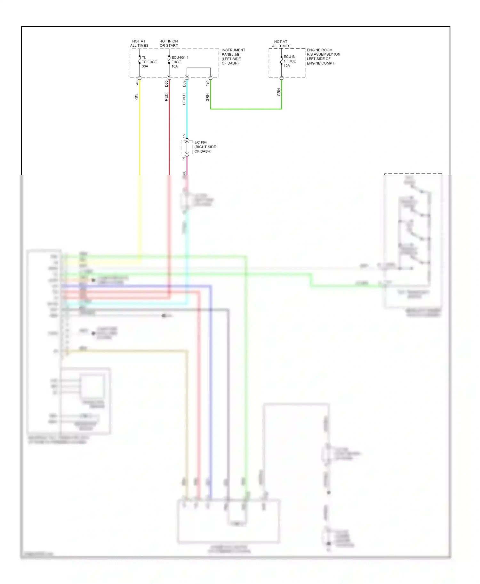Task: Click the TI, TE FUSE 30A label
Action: pos(149,62)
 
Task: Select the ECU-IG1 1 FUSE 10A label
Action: pos(180,62)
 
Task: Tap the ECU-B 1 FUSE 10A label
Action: pos(290,61)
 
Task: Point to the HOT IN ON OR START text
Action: pos(169,43)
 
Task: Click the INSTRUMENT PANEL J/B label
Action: pos(233,57)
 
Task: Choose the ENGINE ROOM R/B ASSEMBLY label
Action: pos(323,57)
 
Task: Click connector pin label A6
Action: pos(137,82)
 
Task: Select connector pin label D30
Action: pos(166,84)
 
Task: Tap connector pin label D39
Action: pos(184,84)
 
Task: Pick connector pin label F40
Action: pos(208,83)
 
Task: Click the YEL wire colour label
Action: pos(137,97)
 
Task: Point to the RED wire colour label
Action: pos(166,97)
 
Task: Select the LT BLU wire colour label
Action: pos(184,99)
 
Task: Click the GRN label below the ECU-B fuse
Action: pos(279,92)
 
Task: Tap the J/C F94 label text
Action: pos(205,147)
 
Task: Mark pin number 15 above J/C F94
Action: pos(184,136)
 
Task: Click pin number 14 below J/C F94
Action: pos(184,159)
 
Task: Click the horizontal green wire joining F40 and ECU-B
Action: pos(246,109)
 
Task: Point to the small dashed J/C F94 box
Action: pos(187,147)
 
